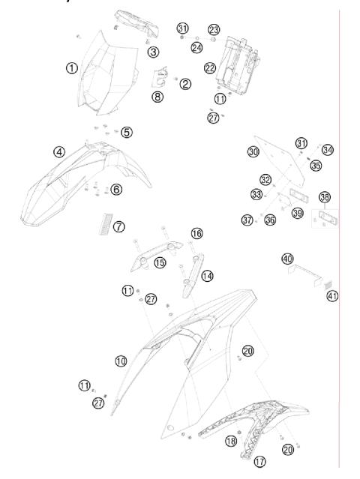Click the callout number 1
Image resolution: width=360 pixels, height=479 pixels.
tap(72, 67)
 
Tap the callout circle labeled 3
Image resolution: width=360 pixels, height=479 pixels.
tap(154, 52)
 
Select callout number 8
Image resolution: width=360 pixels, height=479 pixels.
tap(157, 97)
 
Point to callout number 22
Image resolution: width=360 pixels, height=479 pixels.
tap(210, 67)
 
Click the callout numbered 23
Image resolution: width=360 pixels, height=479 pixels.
tap(214, 30)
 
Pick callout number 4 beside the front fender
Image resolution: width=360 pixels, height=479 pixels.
tap(59, 152)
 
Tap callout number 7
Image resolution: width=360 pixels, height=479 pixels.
tap(119, 227)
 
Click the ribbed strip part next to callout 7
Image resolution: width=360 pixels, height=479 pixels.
tap(105, 224)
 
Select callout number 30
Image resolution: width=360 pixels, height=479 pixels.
tap(253, 152)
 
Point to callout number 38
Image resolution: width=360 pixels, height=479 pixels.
tap(325, 197)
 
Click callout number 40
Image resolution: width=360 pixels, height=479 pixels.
tap(287, 259)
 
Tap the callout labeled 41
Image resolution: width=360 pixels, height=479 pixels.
tap(332, 295)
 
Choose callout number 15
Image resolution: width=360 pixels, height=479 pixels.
tap(160, 262)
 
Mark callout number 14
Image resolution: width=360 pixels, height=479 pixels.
tap(207, 276)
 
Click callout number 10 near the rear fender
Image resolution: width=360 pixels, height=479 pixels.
tap(121, 361)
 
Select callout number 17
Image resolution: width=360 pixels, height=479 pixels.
tap(259, 462)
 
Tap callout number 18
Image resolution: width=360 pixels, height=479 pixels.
tap(231, 441)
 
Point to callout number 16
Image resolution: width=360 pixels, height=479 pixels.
tap(196, 234)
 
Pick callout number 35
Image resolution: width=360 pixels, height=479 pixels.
tap(316, 166)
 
